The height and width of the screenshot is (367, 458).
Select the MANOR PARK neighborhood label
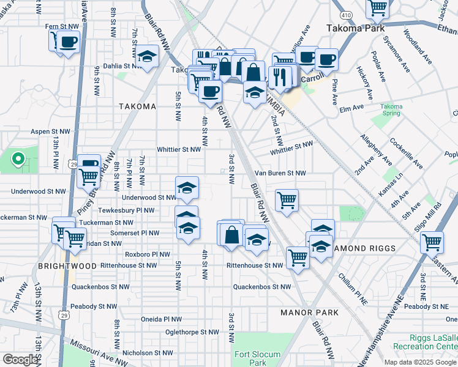coord(309,313)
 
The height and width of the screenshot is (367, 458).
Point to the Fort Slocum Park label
coord(257,358)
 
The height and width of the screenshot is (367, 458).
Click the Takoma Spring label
coord(392,110)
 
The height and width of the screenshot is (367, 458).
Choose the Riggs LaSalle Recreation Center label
coord(434,343)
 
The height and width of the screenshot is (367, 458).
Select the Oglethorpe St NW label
coord(192,332)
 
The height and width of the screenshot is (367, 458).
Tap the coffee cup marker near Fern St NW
coord(68,42)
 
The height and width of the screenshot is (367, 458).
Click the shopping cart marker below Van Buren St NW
coord(287,199)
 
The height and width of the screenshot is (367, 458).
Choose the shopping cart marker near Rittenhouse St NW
coord(297,258)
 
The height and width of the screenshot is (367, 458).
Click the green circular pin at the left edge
coord(18,160)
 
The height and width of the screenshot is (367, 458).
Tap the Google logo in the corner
coord(20,360)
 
